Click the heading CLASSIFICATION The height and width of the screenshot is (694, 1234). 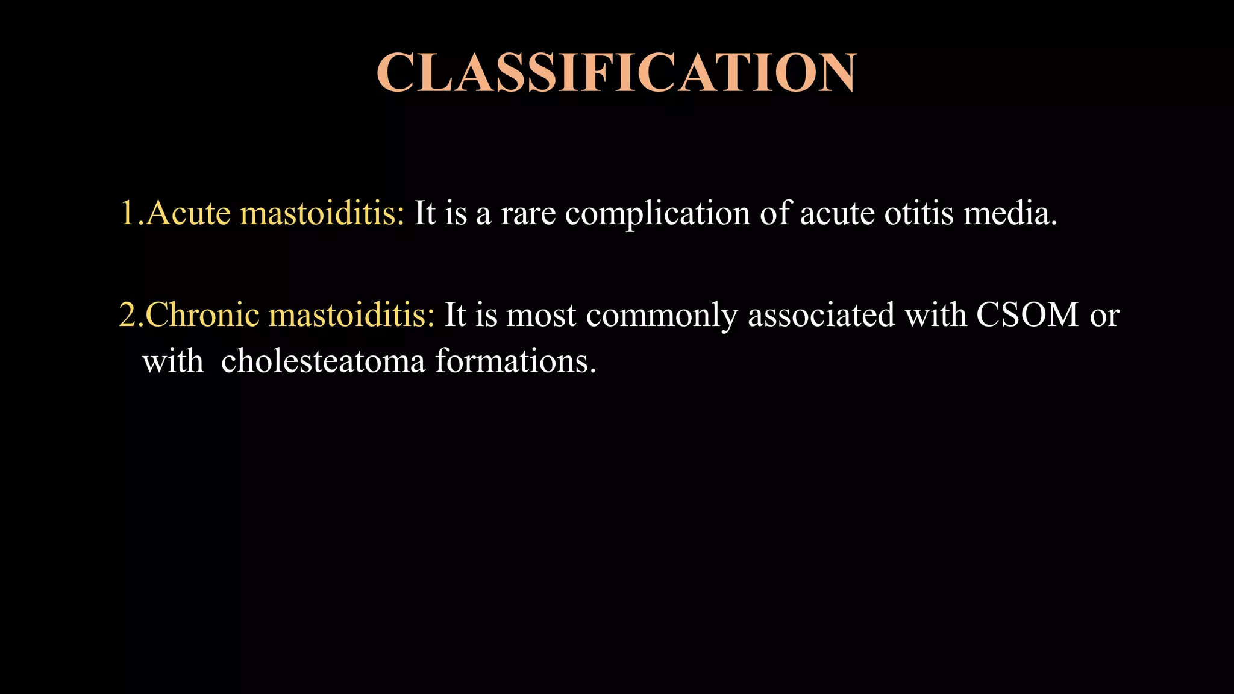(x=616, y=73)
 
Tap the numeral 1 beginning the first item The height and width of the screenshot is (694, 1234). (x=128, y=213)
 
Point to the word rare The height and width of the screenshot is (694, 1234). (x=528, y=214)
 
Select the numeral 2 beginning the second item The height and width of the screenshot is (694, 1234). (x=128, y=315)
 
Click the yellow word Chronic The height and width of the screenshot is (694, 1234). (x=202, y=314)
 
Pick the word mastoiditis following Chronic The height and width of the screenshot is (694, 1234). (x=352, y=314)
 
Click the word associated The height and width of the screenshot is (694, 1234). (x=821, y=314)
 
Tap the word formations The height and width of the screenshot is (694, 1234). (x=515, y=361)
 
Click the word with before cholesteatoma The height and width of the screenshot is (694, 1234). (x=173, y=361)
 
